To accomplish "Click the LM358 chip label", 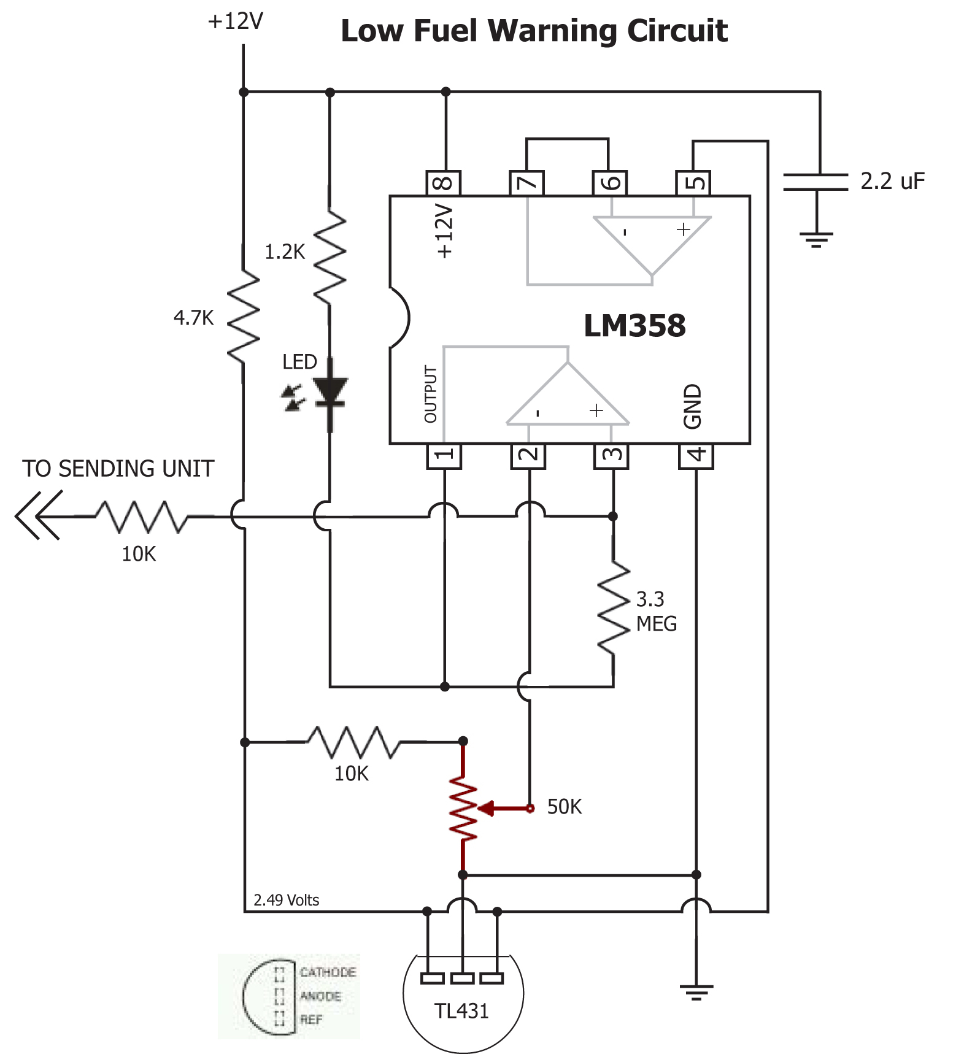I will click(x=634, y=325).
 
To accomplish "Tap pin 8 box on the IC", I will click(x=444, y=183).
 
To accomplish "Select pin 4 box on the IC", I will click(x=696, y=456).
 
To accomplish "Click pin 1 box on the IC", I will click(x=444, y=456).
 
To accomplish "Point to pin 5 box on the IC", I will click(x=693, y=183).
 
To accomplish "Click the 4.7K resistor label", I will click(x=193, y=318).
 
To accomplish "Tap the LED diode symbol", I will click(x=330, y=393).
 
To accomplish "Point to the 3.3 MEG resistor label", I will click(x=655, y=611).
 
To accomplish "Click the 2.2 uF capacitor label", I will click(x=892, y=181).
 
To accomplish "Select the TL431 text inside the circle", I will click(x=461, y=1010).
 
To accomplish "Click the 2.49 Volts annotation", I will click(x=286, y=900).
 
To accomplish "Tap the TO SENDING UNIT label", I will click(x=118, y=469).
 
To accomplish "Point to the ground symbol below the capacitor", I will click(x=816, y=239).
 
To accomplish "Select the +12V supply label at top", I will click(x=235, y=21).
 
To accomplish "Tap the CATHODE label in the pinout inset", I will click(x=328, y=972).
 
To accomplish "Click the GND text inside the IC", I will click(x=692, y=406).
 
